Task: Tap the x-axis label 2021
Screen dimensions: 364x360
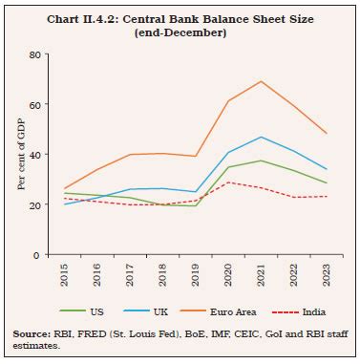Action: tap(261, 275)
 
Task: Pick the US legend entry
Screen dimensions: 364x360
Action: tap(91, 311)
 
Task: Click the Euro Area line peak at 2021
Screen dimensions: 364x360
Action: tap(261, 81)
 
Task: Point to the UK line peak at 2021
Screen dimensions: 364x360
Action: tap(261, 137)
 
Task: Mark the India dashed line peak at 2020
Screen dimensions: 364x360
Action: tap(227, 182)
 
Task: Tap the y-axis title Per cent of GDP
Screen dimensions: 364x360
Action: tap(21, 155)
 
